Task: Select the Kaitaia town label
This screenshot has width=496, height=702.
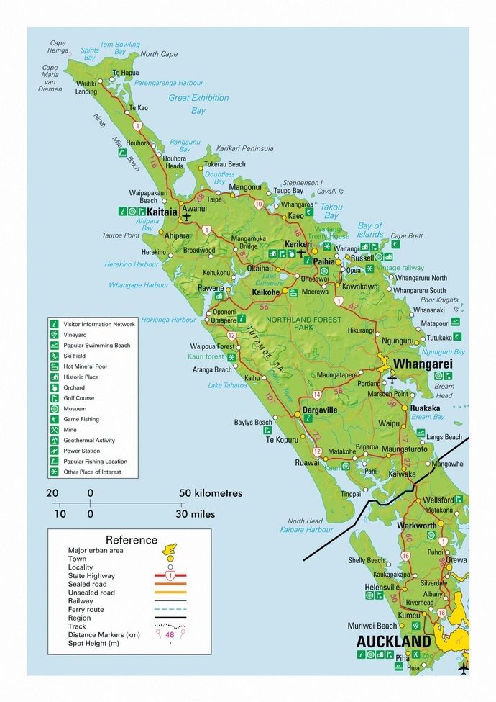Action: coord(161,212)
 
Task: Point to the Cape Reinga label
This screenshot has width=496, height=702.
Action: coord(58,47)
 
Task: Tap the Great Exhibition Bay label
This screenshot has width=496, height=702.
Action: coord(198,104)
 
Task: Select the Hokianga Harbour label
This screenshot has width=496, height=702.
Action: coord(168,320)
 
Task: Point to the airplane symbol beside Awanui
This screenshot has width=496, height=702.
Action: coord(187,215)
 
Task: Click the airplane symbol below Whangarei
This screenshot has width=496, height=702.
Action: coord(392,378)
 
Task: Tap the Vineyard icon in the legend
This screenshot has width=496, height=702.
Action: coord(54,335)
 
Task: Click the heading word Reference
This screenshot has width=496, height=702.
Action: coord(131,540)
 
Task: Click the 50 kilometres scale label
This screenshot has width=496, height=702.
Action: coord(211,493)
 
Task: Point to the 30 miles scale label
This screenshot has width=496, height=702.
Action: coord(195,514)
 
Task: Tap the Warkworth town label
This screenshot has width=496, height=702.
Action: coord(417,526)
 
